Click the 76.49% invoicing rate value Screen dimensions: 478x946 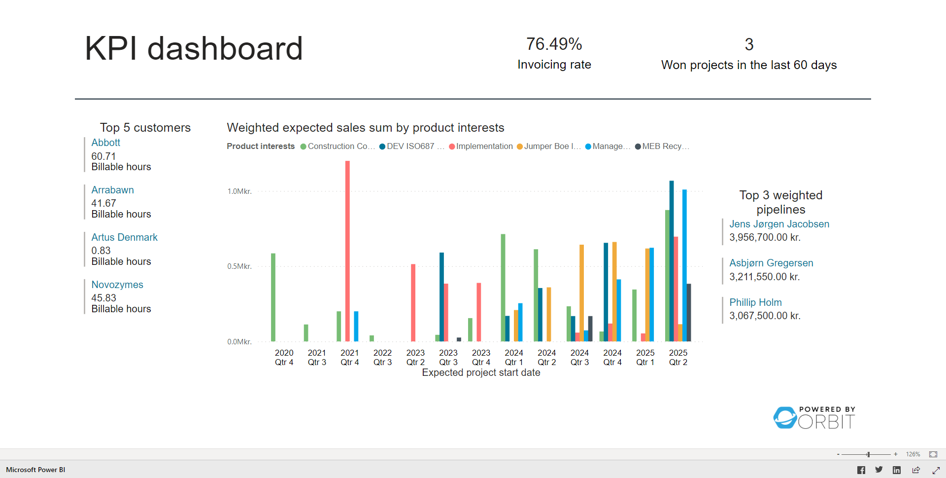(554, 44)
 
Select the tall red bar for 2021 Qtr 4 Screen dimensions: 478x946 (347, 252)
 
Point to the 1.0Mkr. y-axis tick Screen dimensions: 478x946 (239, 191)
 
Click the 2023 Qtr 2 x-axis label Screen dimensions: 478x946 (415, 357)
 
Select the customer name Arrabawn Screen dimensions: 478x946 (112, 190)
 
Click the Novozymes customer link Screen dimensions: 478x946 (117, 285)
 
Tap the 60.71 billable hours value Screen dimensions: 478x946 (103, 156)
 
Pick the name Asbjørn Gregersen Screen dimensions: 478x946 (771, 263)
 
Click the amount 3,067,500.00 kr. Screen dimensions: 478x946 (765, 316)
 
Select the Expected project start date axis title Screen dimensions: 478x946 (481, 373)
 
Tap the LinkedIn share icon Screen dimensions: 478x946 (897, 470)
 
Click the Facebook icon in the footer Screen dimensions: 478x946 (861, 470)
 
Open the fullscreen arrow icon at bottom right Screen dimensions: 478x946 (936, 470)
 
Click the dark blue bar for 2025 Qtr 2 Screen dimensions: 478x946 (672, 261)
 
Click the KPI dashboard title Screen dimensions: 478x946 (194, 49)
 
